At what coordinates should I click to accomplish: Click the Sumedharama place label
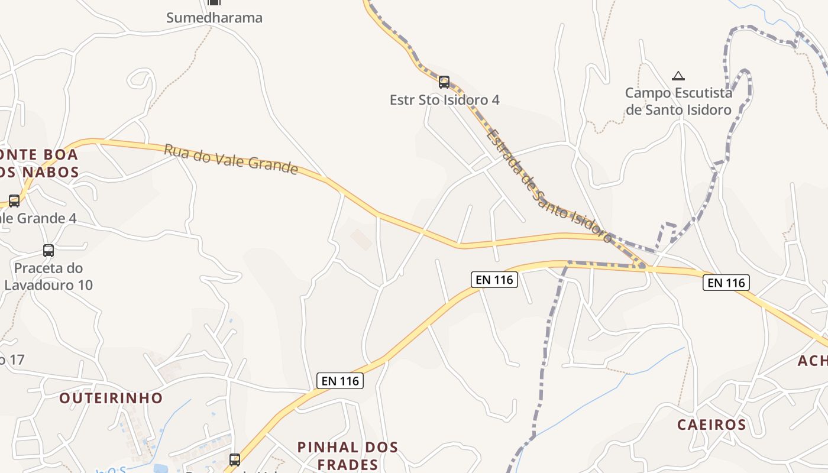(x=214, y=18)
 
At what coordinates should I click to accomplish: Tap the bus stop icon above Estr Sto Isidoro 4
(x=444, y=82)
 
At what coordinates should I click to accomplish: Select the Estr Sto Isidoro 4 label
(x=444, y=100)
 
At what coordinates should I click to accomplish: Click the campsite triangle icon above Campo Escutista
(x=678, y=76)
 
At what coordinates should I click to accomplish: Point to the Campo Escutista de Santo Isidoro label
(x=678, y=101)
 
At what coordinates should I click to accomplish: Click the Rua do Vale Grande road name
(x=231, y=158)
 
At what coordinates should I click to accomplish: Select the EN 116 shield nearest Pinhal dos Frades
(x=340, y=381)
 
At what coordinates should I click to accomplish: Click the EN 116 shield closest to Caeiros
(x=726, y=283)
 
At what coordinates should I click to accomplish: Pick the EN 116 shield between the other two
(x=494, y=280)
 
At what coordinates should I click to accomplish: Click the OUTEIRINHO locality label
(x=111, y=398)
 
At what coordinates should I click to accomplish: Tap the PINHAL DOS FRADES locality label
(x=347, y=455)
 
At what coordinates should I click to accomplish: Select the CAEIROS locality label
(x=711, y=425)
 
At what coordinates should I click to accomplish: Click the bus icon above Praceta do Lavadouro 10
(x=48, y=251)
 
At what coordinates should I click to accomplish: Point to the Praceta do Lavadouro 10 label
(x=48, y=277)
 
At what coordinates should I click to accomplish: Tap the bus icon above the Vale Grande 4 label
(x=14, y=200)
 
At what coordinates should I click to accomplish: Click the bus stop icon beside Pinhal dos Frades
(x=235, y=459)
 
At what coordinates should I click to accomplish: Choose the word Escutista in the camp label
(x=703, y=93)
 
